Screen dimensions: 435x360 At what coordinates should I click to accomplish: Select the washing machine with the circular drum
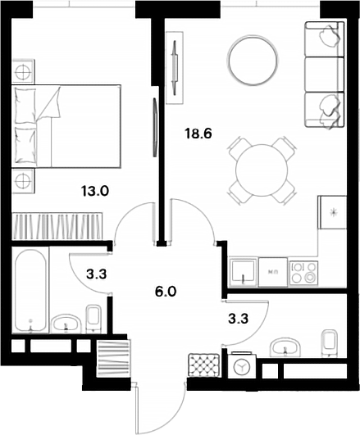pos(242,367)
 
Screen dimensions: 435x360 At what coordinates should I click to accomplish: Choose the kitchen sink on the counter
pos(244,271)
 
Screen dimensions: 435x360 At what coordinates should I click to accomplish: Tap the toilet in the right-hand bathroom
pos(329,343)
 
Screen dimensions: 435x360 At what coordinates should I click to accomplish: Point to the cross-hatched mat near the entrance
pos(203,365)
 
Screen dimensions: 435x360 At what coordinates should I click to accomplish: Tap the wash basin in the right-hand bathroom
pos(285,345)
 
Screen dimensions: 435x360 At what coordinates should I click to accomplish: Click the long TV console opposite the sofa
pos(175,67)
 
